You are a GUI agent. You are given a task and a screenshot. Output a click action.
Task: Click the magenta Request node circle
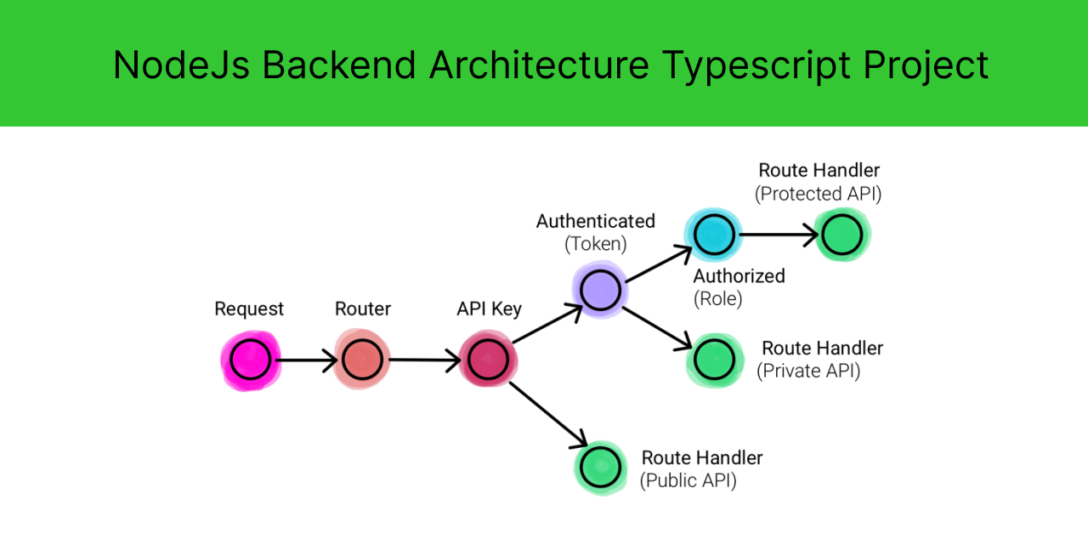(x=250, y=360)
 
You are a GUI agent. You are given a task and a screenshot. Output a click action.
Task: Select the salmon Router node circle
(x=362, y=360)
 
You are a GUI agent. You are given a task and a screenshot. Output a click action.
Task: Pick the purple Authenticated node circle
(x=601, y=290)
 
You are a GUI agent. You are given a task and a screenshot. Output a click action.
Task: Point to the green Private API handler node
(x=715, y=360)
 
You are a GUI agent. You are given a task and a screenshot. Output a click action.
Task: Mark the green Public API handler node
(x=603, y=466)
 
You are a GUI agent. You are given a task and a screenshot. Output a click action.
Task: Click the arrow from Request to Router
(x=306, y=360)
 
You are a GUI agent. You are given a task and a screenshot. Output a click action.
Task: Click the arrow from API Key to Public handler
(x=548, y=415)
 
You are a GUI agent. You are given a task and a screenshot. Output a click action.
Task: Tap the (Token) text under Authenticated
(x=595, y=244)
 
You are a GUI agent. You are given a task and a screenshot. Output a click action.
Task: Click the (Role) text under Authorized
(x=717, y=299)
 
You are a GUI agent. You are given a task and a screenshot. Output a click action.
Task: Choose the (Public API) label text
(x=688, y=480)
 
